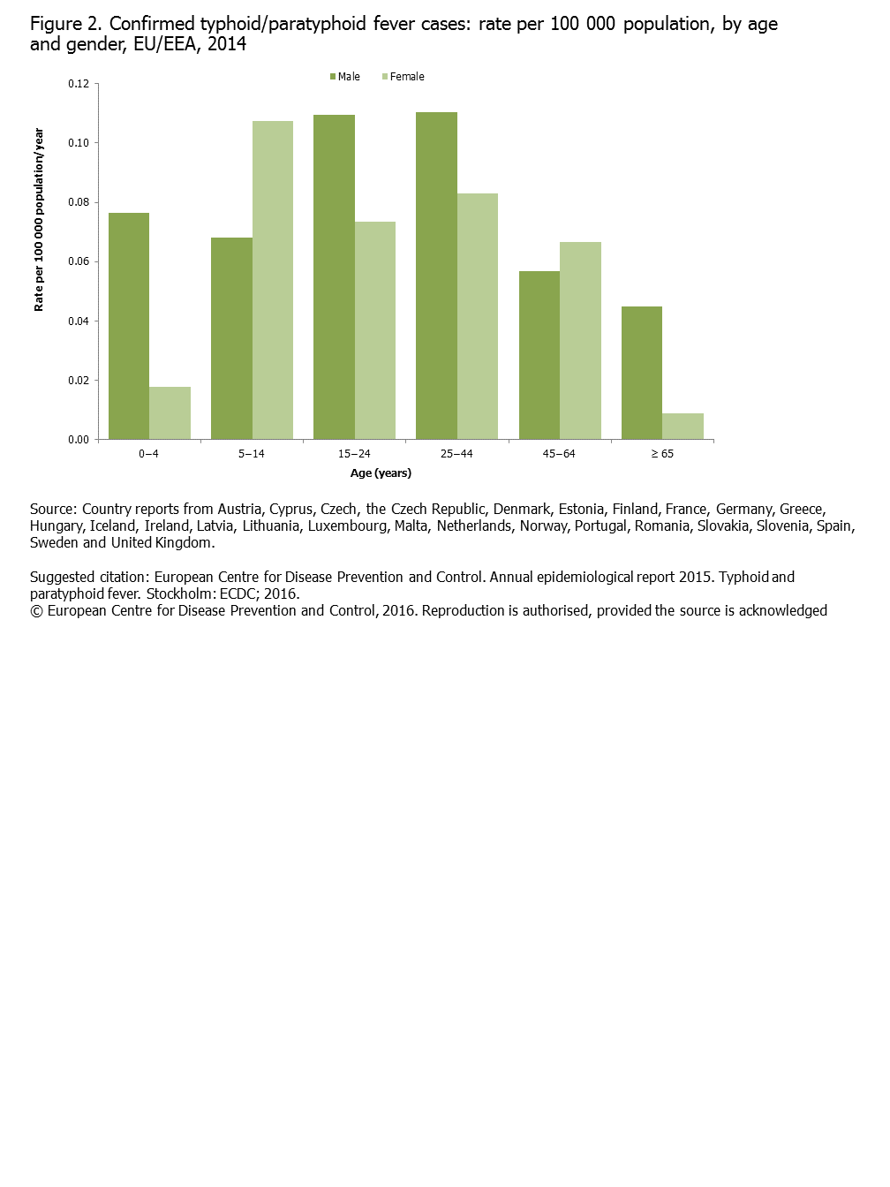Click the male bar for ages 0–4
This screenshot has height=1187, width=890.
pos(129,326)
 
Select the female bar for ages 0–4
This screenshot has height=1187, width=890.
pos(170,412)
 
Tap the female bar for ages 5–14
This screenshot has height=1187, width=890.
pos(273,280)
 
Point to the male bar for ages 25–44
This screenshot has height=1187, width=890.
pos(436,276)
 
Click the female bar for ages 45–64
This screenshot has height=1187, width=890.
pos(580,340)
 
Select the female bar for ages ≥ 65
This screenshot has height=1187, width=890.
pos(683,426)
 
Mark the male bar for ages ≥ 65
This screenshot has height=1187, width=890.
pos(642,373)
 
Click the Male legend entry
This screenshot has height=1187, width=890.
pos(345,77)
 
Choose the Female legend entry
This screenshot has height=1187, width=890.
pos(404,77)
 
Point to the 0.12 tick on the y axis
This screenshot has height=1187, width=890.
pos(79,84)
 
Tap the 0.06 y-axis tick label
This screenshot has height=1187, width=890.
pos(79,261)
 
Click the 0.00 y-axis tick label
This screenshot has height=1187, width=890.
pos(79,439)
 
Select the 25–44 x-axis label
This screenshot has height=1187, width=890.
pos(456,454)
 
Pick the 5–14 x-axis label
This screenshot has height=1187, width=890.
pos(252,454)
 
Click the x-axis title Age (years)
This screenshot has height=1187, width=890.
pos(381,473)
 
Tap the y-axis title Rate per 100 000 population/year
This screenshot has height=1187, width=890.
pos(39,219)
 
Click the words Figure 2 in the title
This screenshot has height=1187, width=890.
pos(65,24)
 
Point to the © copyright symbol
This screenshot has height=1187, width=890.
pos(36,611)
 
